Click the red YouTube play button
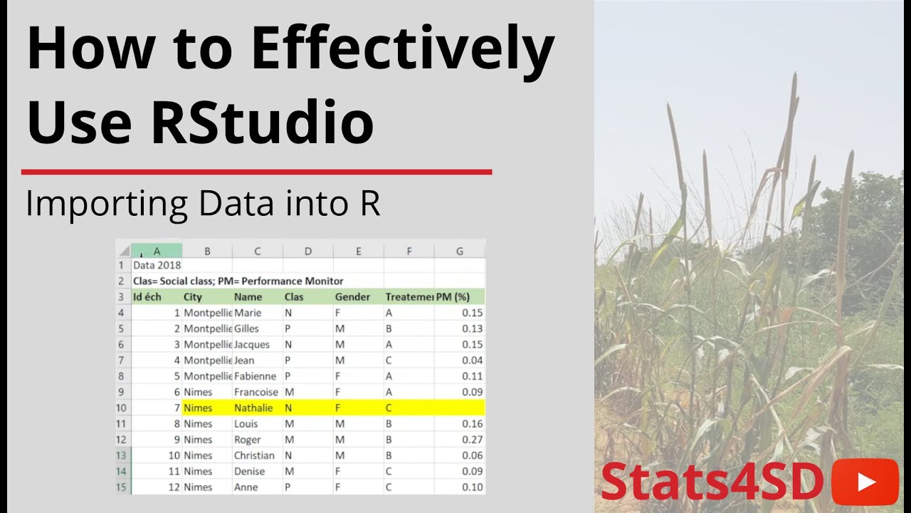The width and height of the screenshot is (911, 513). click(865, 482)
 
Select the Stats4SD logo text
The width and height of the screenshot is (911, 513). click(712, 482)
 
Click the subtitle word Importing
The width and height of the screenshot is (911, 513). click(106, 204)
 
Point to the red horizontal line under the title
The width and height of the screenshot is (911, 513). click(256, 172)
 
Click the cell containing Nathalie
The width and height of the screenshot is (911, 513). click(253, 408)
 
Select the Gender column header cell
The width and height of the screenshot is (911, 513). click(352, 297)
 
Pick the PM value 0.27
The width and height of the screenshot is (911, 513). click(472, 440)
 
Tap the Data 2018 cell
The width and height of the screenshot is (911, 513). click(157, 265)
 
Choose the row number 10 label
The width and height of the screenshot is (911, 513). click(122, 408)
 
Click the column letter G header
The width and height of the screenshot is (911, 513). click(460, 251)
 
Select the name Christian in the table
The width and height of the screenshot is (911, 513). click(254, 455)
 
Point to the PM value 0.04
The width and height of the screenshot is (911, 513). click(472, 361)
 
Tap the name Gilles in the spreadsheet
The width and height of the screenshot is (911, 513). click(246, 328)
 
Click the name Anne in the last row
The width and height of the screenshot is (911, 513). click(245, 487)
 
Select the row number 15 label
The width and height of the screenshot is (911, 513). click(122, 487)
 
